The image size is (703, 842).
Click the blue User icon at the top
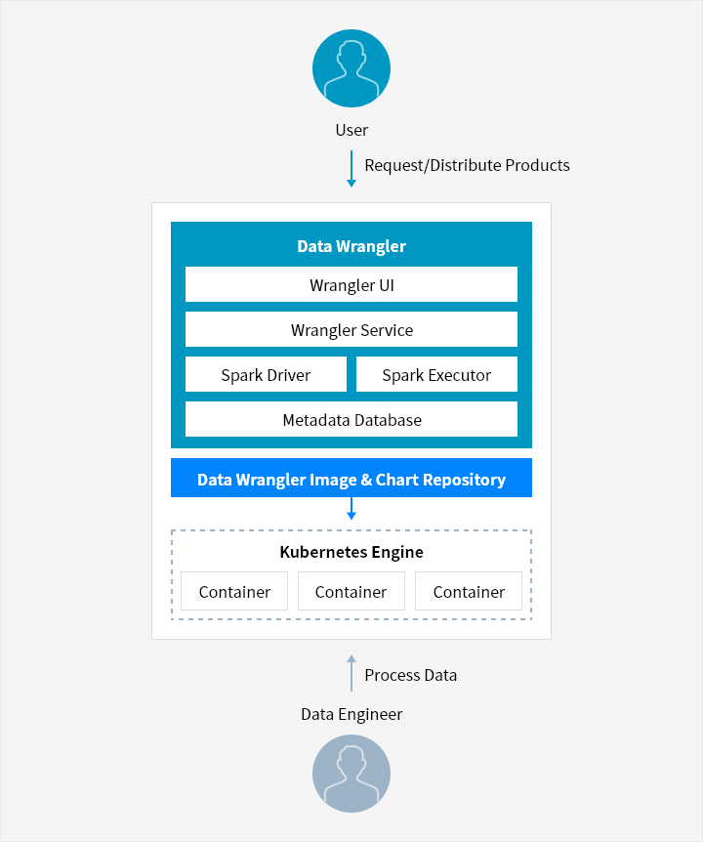351,68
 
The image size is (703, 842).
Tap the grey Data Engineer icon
351,774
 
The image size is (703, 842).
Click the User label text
351,130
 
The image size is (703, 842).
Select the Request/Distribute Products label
467,165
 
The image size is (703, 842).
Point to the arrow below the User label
351,169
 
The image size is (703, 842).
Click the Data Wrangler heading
351,246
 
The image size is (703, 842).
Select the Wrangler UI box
351,284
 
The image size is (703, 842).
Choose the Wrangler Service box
351,329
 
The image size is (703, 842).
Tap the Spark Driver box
267,374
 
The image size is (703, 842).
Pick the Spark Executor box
436,374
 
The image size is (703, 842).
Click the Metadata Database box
351,419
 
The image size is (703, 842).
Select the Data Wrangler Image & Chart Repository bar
351,478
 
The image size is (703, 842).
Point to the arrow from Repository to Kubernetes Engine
351,509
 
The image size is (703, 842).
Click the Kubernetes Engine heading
351,552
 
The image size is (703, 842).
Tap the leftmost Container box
234,591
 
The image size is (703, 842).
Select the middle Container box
351,591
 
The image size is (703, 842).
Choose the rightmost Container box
469,591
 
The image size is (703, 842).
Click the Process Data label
410,675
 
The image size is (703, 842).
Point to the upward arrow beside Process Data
351,673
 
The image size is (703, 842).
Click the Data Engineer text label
351,714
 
